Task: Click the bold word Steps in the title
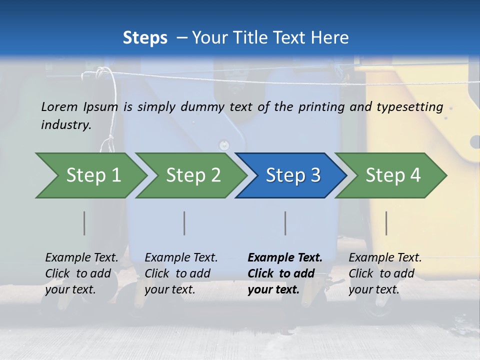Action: pyautogui.click(x=145, y=38)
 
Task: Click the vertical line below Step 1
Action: pyautogui.click(x=84, y=223)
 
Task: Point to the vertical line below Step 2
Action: pyautogui.click(x=184, y=223)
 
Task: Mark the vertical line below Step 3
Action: pyautogui.click(x=285, y=223)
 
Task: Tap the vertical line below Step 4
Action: pyautogui.click(x=386, y=223)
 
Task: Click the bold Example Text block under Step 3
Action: pyautogui.click(x=285, y=273)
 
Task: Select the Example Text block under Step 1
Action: pyautogui.click(x=81, y=273)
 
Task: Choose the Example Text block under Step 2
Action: pyautogui.click(x=181, y=273)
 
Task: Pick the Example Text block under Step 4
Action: pyautogui.click(x=385, y=273)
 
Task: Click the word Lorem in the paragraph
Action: pyautogui.click(x=59, y=106)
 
